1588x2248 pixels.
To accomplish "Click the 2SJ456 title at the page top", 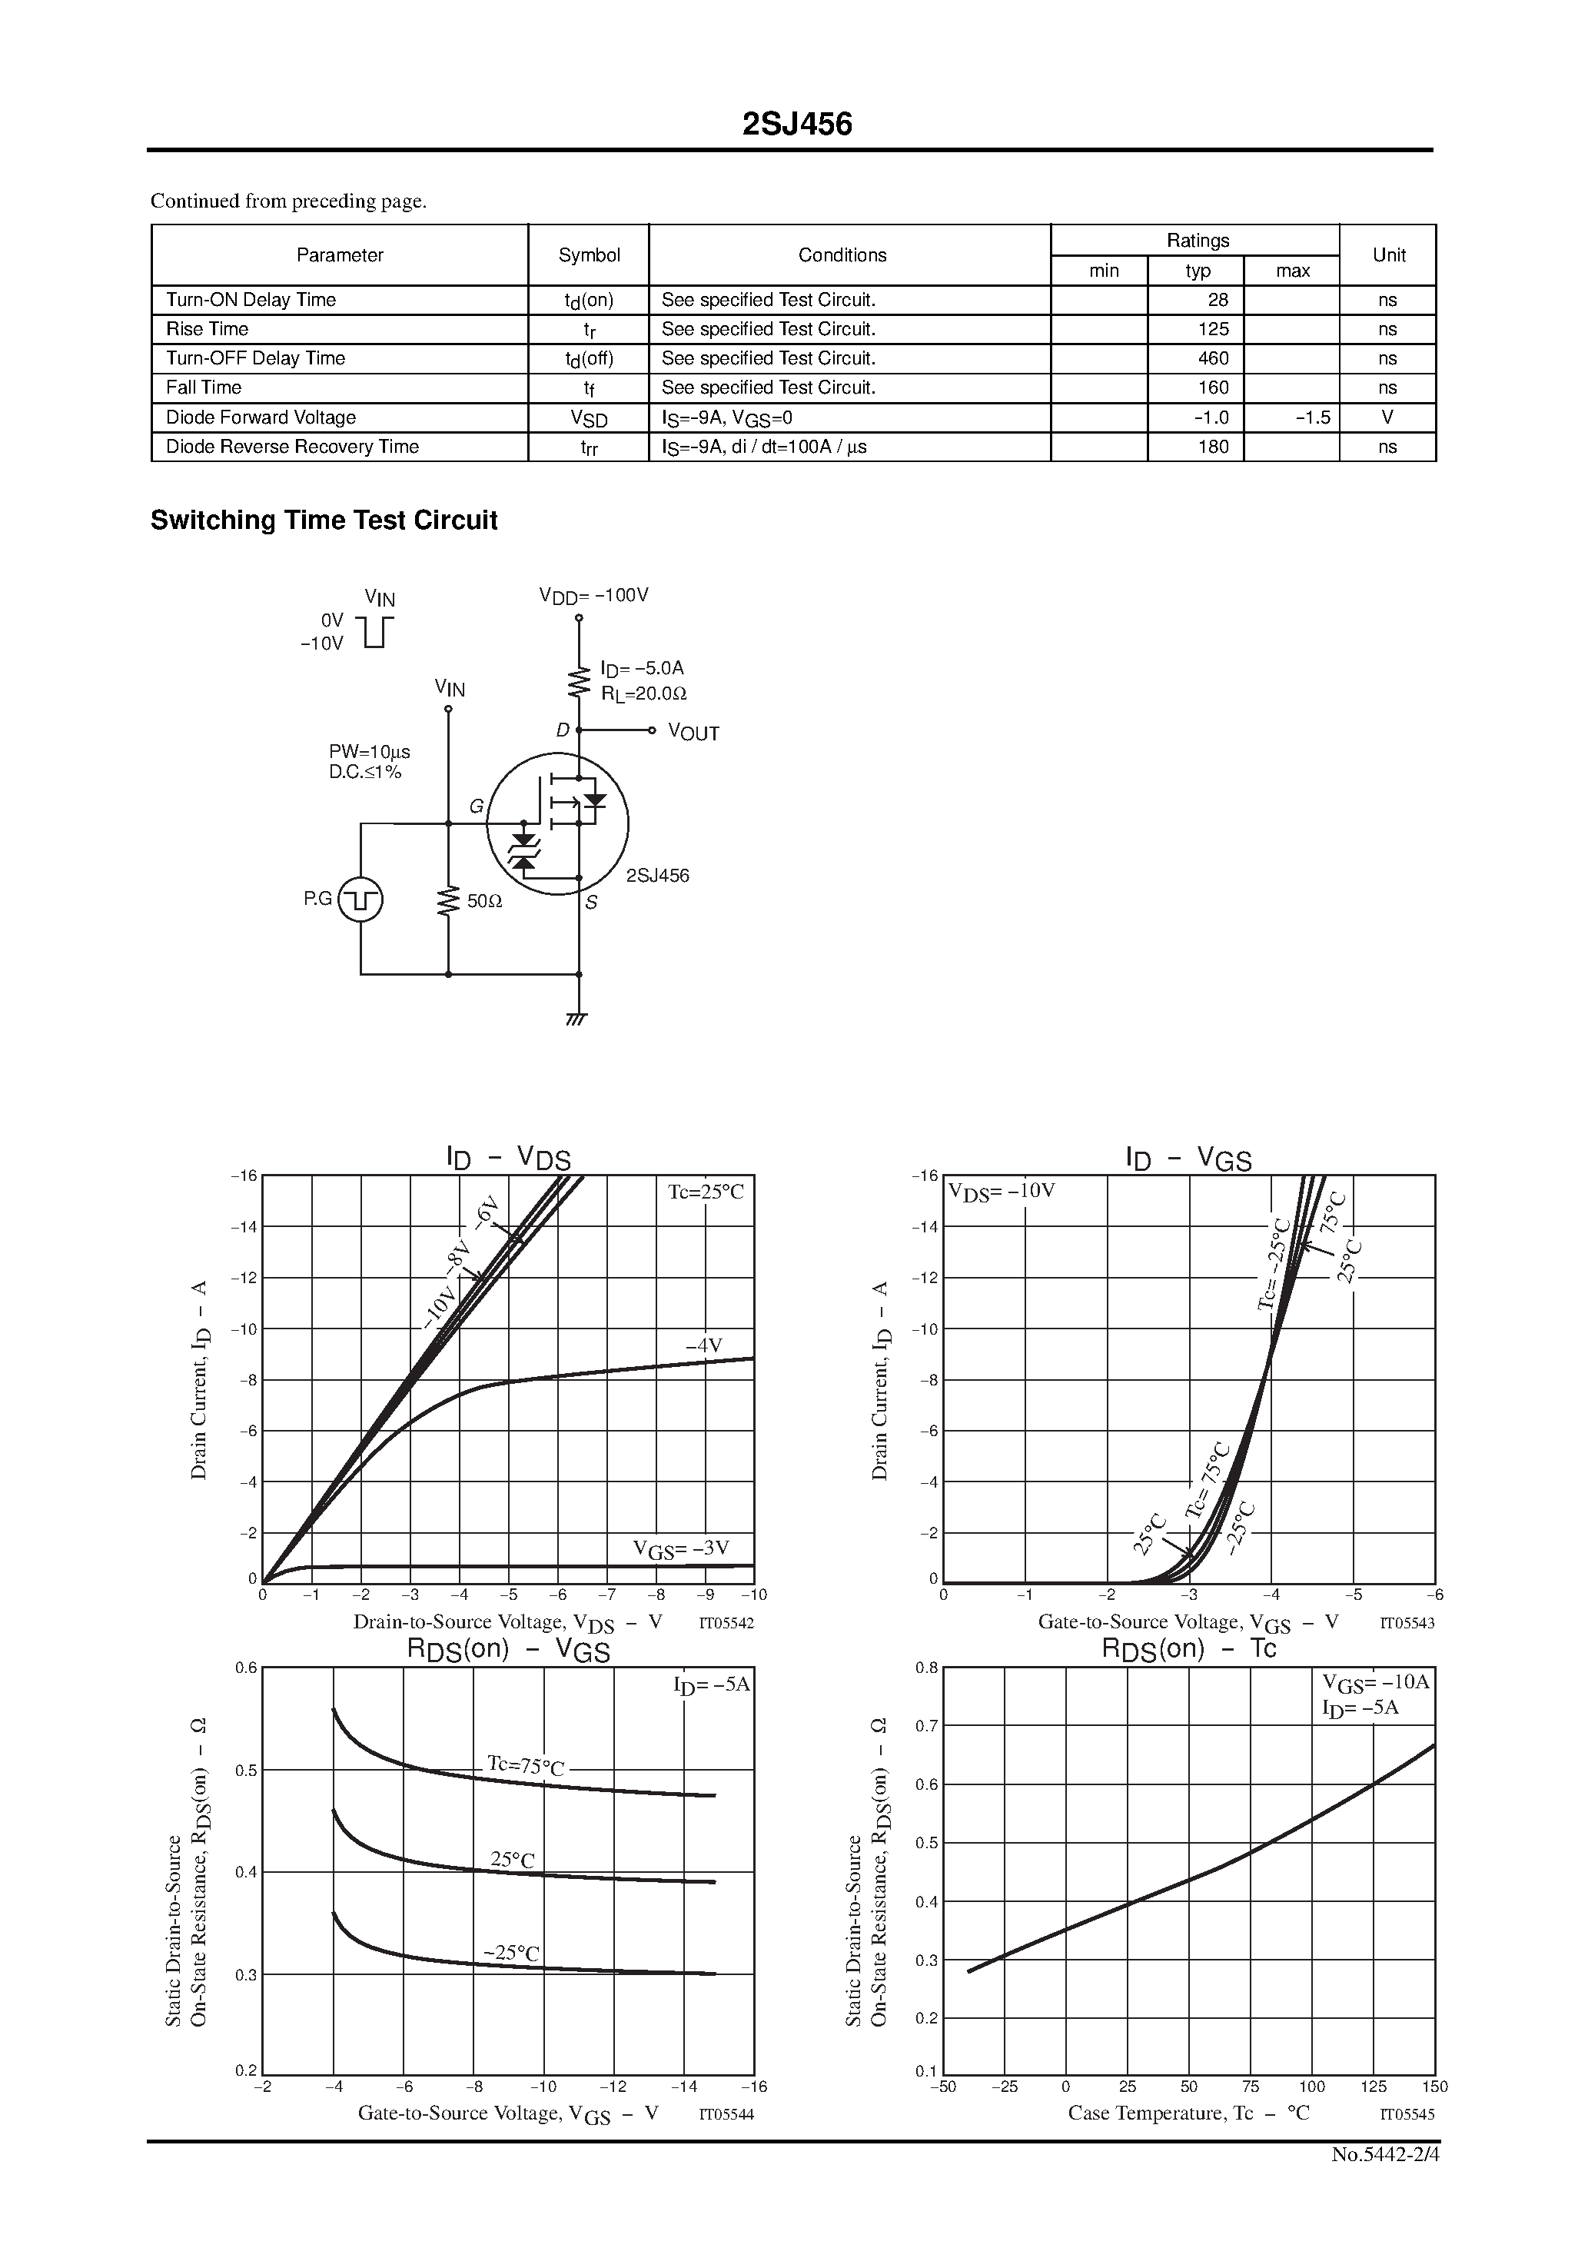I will (x=797, y=125).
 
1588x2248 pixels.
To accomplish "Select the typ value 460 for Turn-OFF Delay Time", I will (x=1212, y=358).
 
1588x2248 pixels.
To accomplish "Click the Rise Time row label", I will (x=207, y=329).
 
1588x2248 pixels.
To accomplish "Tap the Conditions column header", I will (x=842, y=254).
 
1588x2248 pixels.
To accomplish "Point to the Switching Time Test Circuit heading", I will (x=323, y=520).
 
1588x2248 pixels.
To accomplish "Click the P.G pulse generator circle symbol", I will (x=360, y=900).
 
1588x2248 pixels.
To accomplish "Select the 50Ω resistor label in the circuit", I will (x=483, y=901).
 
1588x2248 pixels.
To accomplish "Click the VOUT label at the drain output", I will (x=693, y=733).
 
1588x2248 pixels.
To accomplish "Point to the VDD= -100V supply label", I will (x=593, y=595).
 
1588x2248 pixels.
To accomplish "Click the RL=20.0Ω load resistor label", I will (x=643, y=693).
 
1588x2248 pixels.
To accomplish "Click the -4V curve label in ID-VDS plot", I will (x=703, y=1345).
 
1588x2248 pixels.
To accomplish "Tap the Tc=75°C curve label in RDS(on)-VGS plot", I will (x=526, y=1766).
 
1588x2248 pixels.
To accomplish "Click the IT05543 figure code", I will (x=1407, y=1622).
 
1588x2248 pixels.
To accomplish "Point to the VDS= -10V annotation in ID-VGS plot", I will (x=1001, y=1192).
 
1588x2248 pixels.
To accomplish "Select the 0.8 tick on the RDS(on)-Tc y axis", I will (x=926, y=1668).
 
